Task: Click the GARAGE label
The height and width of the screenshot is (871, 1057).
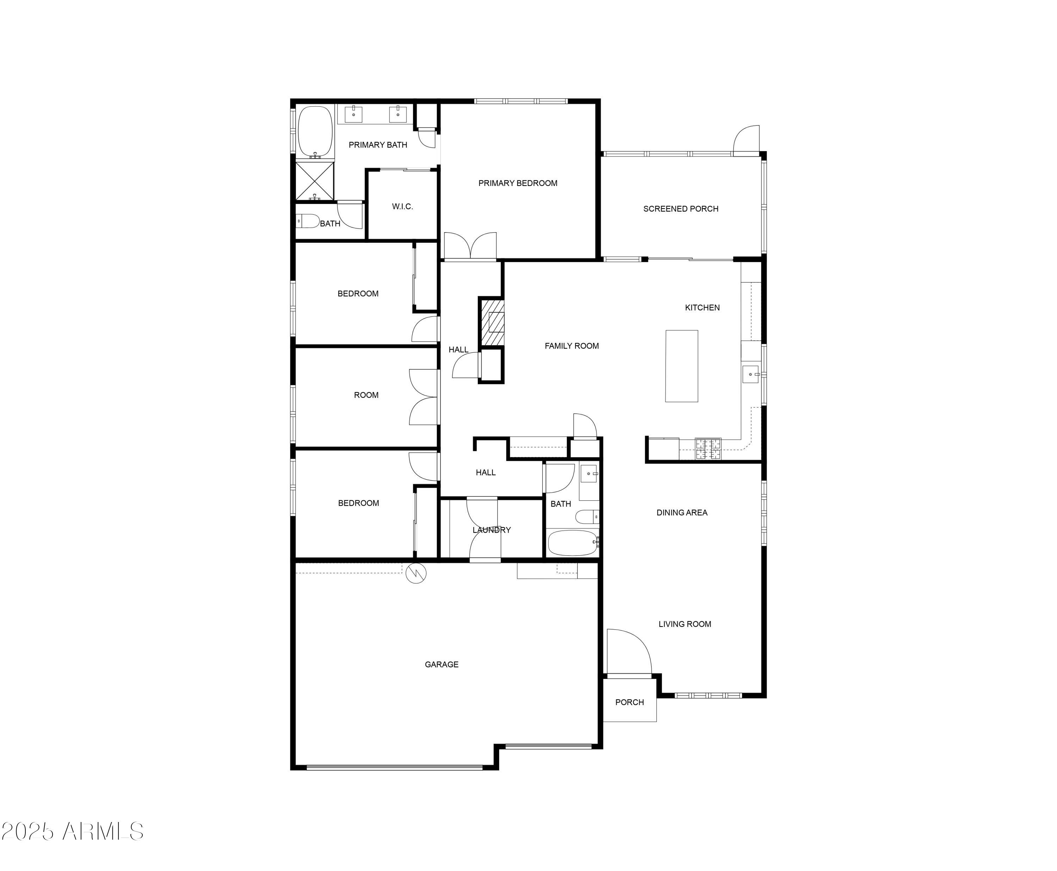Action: point(441,664)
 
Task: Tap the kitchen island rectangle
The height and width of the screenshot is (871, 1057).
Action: point(681,366)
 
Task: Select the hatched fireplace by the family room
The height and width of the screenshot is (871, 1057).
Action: point(492,322)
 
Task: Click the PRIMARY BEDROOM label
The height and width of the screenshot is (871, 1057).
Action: point(518,183)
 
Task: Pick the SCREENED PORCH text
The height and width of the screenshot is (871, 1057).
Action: point(681,209)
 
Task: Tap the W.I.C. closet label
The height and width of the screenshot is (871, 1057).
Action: point(402,206)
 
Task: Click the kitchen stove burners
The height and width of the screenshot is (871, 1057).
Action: point(708,449)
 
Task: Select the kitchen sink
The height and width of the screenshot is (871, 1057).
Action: point(751,374)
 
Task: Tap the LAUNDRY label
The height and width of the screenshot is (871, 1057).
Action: point(492,530)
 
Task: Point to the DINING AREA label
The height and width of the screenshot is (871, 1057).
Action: point(682,512)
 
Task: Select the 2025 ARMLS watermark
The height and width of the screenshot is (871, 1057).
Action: point(72,832)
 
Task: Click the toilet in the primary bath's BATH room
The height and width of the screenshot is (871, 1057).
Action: point(308,221)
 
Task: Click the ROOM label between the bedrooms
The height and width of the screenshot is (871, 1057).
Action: point(366,395)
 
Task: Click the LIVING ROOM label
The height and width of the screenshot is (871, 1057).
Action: point(685,624)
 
